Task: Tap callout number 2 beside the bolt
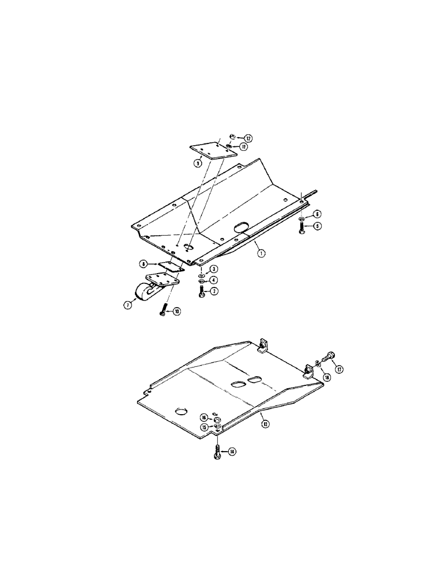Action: tap(213, 291)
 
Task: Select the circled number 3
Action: tap(213, 269)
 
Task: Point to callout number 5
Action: tap(318, 226)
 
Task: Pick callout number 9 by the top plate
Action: tap(197, 163)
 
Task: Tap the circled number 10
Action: tap(177, 312)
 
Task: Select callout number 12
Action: tap(248, 138)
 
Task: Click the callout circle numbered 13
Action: tap(266, 425)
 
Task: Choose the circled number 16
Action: tap(204, 418)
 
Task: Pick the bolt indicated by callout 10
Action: tap(163, 309)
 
